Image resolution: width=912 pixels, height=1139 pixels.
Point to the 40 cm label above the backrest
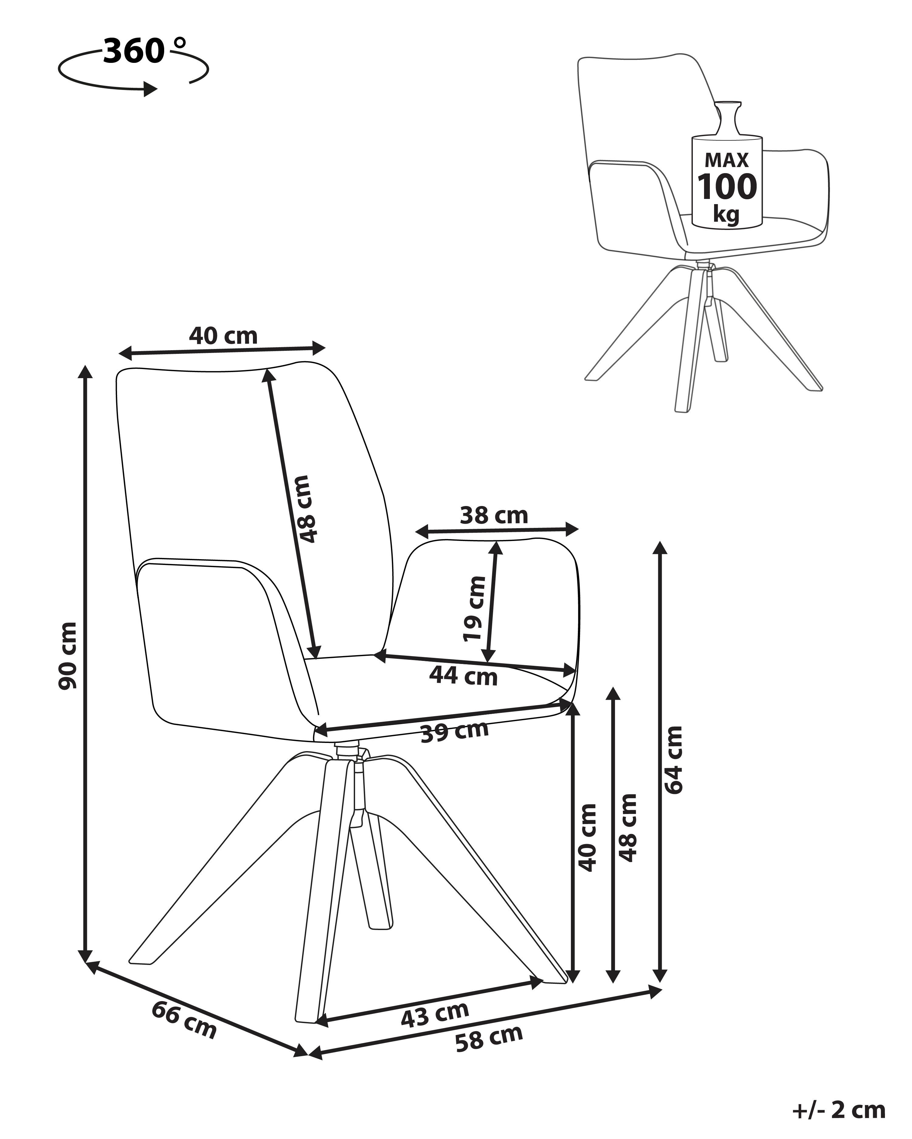[223, 335]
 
